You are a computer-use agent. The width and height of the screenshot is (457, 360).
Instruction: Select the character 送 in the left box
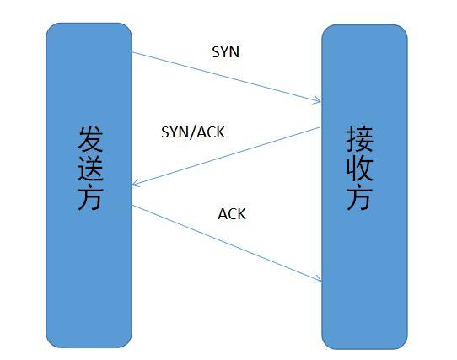[89, 169]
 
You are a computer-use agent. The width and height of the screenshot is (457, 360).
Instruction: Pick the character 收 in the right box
[360, 169]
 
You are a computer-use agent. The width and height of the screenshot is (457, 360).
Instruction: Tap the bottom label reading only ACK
[232, 214]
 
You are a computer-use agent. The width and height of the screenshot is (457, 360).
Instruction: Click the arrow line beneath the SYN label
[226, 78]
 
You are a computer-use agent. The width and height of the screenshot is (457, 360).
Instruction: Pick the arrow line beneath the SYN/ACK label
[226, 157]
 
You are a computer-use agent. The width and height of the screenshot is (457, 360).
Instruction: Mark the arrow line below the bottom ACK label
[226, 243]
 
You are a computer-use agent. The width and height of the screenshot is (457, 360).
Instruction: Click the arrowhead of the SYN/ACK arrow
[135, 186]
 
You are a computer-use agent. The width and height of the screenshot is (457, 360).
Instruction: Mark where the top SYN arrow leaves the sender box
[132, 53]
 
